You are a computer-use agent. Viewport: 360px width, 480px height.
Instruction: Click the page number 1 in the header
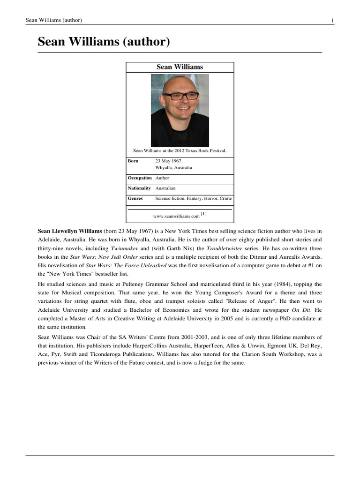pos(332,20)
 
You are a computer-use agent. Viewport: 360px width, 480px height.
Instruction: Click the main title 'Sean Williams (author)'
pos(103,42)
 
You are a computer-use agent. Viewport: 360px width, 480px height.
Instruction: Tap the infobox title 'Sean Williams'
pos(180,67)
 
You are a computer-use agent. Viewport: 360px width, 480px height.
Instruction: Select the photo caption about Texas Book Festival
pos(180,150)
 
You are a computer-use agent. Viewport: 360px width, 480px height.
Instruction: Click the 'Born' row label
pos(133,161)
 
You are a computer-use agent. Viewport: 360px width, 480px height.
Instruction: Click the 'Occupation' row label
pos(140,178)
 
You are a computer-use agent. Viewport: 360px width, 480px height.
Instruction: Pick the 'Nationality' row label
pos(140,188)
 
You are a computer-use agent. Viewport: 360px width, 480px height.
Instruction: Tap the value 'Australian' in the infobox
pos(165,188)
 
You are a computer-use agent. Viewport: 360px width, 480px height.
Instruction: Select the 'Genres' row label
pos(135,198)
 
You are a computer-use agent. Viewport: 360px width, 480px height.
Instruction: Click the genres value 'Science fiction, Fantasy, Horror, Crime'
pos(193,198)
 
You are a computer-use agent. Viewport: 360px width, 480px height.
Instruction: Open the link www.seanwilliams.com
pos(176,216)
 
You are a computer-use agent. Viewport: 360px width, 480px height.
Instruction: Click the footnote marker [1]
pos(203,214)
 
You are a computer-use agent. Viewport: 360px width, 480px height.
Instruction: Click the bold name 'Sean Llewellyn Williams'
pos(70,232)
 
